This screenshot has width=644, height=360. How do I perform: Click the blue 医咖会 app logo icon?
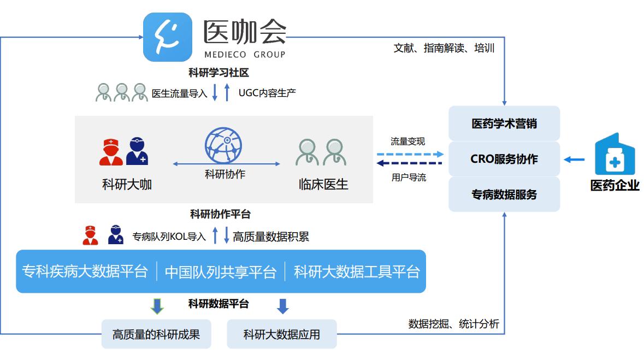168,37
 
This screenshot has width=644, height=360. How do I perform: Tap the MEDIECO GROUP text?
245,55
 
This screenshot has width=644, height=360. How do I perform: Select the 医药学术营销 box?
504,123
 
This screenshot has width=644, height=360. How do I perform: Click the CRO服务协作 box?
504,159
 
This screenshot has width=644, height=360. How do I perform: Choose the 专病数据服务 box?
504,194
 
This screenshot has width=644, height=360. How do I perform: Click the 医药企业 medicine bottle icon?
615,155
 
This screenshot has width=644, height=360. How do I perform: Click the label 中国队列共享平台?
221,272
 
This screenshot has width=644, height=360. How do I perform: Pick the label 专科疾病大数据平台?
85,272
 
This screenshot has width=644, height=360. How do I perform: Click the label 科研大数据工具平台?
357,272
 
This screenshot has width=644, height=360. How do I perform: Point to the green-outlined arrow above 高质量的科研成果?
157,306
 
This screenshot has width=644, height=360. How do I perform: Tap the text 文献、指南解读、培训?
444,48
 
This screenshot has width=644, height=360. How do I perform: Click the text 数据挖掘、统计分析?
453,324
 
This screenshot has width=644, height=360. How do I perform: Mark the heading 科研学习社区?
218,73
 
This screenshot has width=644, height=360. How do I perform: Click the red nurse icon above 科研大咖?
111,152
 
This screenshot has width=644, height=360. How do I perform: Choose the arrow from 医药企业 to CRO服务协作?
574,160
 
